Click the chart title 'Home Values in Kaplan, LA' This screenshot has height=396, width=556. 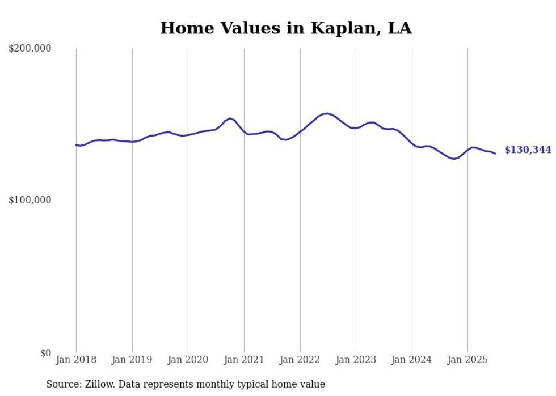click(286, 28)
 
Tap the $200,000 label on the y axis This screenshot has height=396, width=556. click(30, 49)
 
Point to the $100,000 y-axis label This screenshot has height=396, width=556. click(30, 201)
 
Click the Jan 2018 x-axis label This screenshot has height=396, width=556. click(76, 360)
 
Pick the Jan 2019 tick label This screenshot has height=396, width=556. click(132, 360)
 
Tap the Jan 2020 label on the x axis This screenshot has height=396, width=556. click(188, 360)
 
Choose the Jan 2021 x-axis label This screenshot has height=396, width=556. click(244, 360)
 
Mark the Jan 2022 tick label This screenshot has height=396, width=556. click(300, 360)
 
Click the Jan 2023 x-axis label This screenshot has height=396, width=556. click(356, 360)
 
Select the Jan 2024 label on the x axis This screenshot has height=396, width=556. click(412, 360)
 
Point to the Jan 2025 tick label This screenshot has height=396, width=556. click(467, 360)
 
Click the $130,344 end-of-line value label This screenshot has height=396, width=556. click(527, 150)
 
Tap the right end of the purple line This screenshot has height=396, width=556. click(495, 154)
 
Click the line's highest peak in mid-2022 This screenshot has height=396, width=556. click(327, 113)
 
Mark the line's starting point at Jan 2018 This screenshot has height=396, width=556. click(76, 145)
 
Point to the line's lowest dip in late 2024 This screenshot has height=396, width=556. click(454, 159)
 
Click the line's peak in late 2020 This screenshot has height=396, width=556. click(230, 118)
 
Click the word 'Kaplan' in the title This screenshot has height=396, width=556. click(346, 28)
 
